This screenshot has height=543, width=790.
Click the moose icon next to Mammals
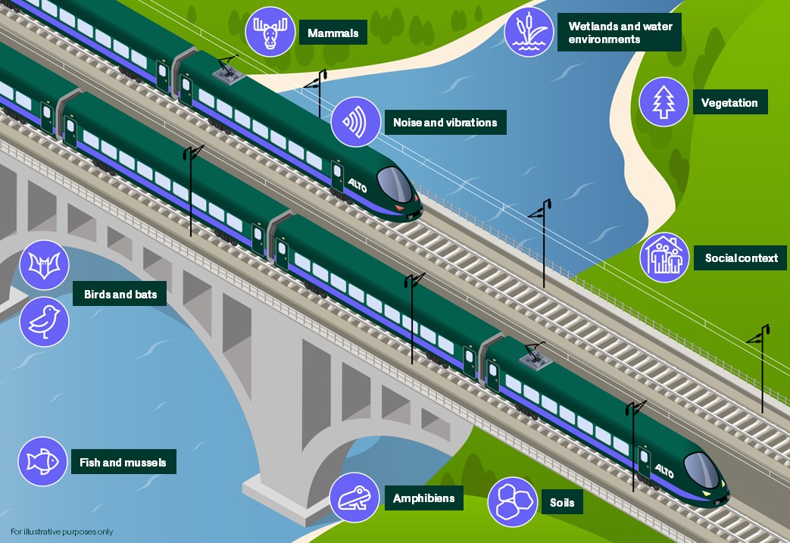[269, 32]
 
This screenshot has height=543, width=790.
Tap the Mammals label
[333, 33]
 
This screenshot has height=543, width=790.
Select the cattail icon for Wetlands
[529, 32]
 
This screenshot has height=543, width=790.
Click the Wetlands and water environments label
[619, 33]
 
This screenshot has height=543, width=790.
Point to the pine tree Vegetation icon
[664, 101]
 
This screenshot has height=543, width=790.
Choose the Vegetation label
[729, 103]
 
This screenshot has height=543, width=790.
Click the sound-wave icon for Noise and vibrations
[354, 120]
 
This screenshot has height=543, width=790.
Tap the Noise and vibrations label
[445, 122]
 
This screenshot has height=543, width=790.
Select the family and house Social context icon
[664, 257]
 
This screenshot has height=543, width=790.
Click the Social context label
[741, 258]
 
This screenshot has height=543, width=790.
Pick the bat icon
[44, 265]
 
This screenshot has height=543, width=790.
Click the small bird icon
[44, 320]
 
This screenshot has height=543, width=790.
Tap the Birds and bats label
[120, 294]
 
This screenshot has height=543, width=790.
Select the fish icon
[43, 461]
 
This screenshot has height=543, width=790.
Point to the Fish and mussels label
[123, 462]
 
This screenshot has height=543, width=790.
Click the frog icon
[354, 498]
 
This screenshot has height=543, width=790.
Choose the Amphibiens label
[423, 498]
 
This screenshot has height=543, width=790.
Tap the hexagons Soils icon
[512, 501]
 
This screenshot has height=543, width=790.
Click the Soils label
[561, 502]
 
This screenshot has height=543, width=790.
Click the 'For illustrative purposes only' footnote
[61, 532]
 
